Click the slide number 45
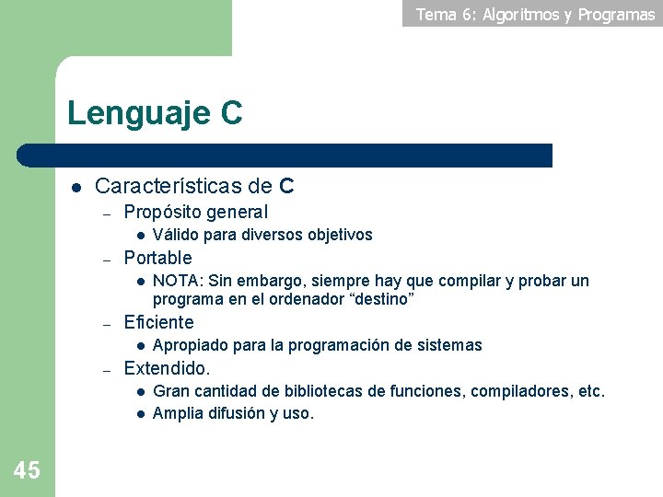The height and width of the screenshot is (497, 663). pos(27,470)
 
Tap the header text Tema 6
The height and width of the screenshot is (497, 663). pos(445,14)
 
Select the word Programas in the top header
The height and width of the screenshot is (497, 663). pos(616,14)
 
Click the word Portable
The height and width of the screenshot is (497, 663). pos(157,258)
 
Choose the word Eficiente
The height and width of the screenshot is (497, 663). pos(158,322)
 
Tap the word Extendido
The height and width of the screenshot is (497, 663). pos(166,368)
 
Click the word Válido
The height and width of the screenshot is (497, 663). pos(174,235)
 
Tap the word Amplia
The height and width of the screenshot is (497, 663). pos(177,413)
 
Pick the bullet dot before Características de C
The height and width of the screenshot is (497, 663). pos(77,187)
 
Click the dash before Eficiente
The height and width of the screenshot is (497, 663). pos(107,324)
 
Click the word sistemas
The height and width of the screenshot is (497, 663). pos(448,345)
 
